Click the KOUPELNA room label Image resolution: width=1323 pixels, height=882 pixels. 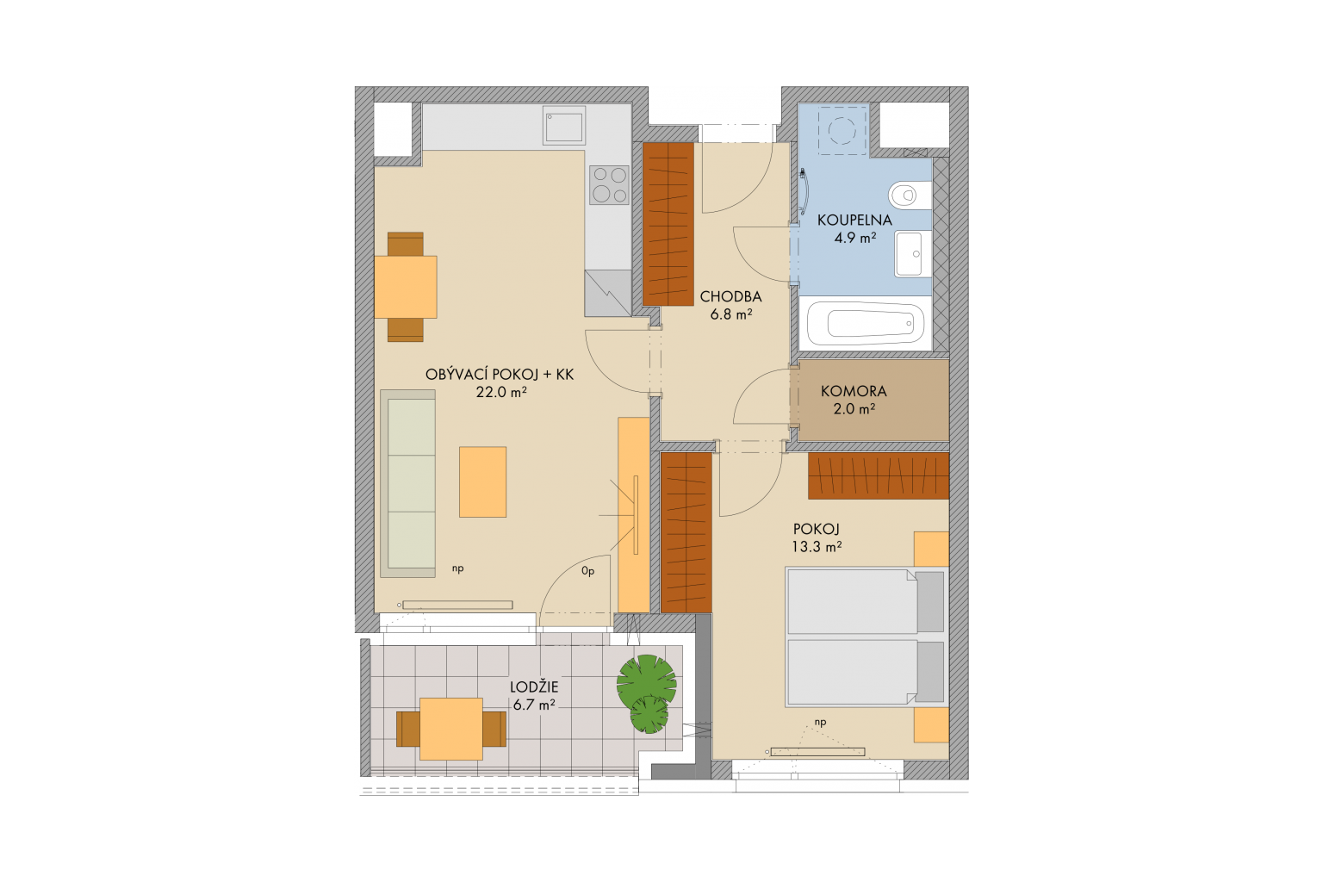point(854,220)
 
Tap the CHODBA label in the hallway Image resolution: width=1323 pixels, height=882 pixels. point(730,296)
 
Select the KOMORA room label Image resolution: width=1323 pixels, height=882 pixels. point(854,391)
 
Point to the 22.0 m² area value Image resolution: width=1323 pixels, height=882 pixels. point(501,392)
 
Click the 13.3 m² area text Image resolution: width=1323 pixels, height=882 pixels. point(817,546)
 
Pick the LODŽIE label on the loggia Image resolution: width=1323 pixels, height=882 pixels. point(534,687)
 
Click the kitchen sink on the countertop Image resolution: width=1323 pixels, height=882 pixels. point(564,125)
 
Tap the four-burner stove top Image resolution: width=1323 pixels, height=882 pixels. point(610,185)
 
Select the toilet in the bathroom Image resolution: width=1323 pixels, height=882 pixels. point(910,195)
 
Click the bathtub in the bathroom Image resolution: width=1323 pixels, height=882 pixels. point(866,324)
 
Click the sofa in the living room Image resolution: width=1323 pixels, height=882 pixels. point(408,483)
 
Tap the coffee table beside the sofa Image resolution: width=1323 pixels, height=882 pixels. point(482,482)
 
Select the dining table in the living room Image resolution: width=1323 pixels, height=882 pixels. point(406,287)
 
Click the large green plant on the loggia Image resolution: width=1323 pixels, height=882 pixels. point(646,683)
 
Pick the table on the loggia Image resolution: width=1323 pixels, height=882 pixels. point(451,729)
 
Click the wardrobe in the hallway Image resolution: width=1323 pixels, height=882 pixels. point(668,225)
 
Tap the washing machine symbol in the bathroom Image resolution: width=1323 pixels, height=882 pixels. point(842,130)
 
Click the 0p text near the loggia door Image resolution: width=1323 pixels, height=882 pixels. point(587,571)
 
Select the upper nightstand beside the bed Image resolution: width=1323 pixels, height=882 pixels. point(931,550)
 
